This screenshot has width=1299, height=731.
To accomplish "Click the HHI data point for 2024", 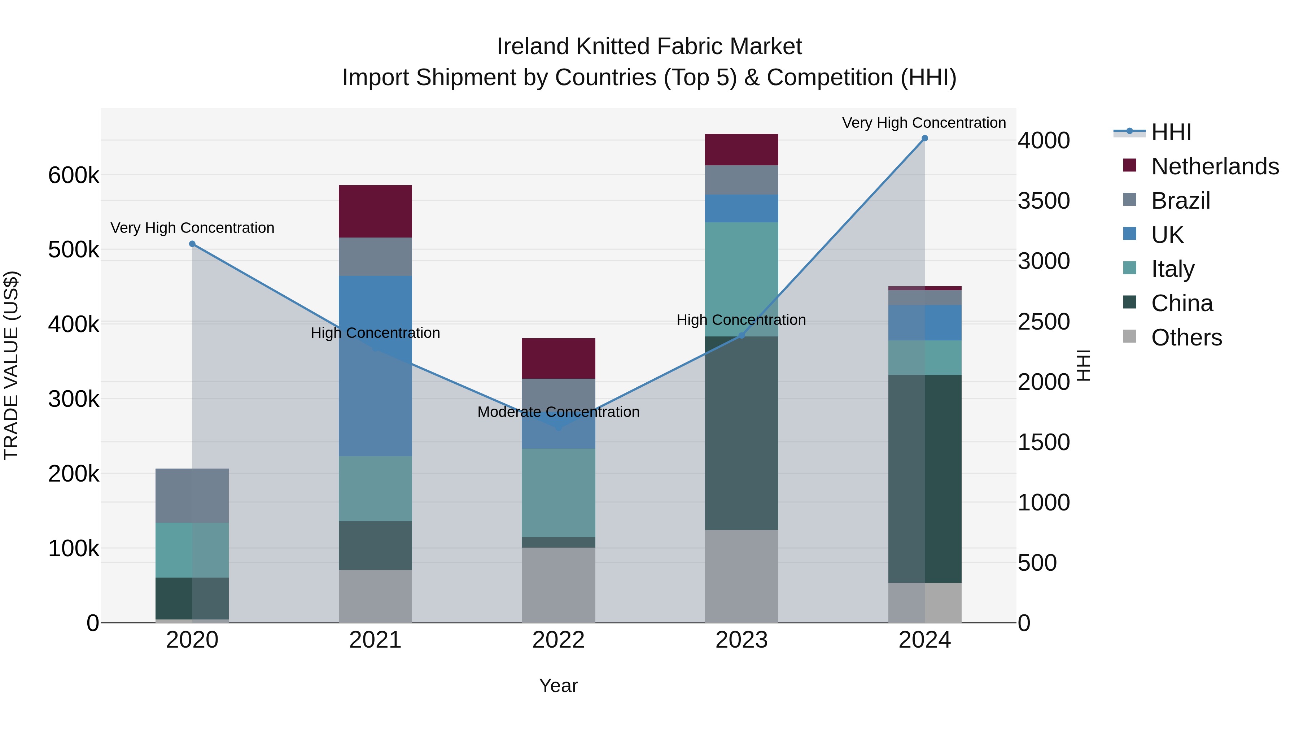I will [x=924, y=138].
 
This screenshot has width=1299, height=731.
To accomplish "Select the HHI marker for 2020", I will [x=192, y=244].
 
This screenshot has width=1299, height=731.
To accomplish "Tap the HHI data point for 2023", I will [x=741, y=335].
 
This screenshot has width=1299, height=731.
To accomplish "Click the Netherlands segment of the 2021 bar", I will [x=375, y=212].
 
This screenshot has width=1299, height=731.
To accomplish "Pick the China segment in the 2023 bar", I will [x=741, y=433].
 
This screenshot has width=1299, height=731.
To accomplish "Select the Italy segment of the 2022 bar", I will [x=558, y=493].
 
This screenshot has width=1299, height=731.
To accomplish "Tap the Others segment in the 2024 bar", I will [x=924, y=602].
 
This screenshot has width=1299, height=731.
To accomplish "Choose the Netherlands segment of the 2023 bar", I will [x=741, y=150].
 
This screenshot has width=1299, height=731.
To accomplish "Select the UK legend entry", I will [x=1167, y=235].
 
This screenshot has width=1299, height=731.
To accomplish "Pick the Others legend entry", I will [x=1186, y=338].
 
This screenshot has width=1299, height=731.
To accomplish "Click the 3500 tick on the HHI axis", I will [x=1043, y=201].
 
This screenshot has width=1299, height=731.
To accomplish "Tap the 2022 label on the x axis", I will [x=558, y=640].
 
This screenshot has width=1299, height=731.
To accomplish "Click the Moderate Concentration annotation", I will [x=558, y=412].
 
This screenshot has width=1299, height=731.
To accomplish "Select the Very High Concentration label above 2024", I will [x=924, y=123].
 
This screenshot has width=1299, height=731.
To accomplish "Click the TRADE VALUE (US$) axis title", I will [x=11, y=365].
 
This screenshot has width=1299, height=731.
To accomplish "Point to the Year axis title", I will [x=558, y=686].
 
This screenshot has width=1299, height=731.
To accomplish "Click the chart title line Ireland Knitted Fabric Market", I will [x=649, y=47].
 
